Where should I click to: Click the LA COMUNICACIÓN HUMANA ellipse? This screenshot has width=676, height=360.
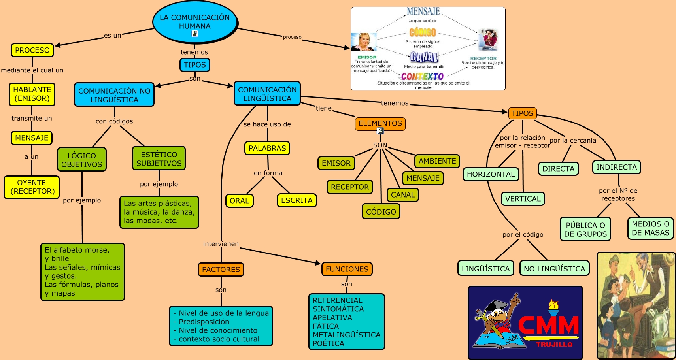(194, 22)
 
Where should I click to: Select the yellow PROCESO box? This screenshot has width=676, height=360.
(32, 50)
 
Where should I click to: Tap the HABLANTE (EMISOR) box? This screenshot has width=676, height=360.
(32, 94)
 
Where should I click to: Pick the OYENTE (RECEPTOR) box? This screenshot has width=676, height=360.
(32, 187)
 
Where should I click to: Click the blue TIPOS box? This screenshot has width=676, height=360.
(194, 65)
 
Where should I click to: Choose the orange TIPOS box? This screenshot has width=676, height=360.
(522, 113)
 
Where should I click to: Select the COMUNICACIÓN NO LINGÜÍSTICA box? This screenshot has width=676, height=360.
(114, 95)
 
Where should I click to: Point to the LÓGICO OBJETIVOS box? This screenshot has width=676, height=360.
(82, 160)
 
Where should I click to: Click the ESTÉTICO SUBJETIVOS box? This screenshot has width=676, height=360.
(159, 158)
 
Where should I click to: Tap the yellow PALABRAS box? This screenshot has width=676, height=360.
(267, 148)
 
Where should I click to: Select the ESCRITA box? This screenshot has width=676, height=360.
(296, 200)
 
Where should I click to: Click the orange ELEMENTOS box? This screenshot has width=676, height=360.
(380, 123)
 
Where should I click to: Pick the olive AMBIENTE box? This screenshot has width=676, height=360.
(437, 161)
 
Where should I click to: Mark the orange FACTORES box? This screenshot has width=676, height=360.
(221, 270)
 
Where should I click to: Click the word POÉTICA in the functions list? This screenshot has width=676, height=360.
(329, 343)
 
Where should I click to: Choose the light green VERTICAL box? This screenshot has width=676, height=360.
(523, 199)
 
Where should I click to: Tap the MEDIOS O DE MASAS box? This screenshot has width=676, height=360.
(650, 228)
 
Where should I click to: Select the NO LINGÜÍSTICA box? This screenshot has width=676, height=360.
(554, 269)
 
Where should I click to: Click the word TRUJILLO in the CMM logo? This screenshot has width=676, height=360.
(554, 344)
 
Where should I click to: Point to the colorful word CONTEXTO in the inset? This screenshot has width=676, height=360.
(422, 76)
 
